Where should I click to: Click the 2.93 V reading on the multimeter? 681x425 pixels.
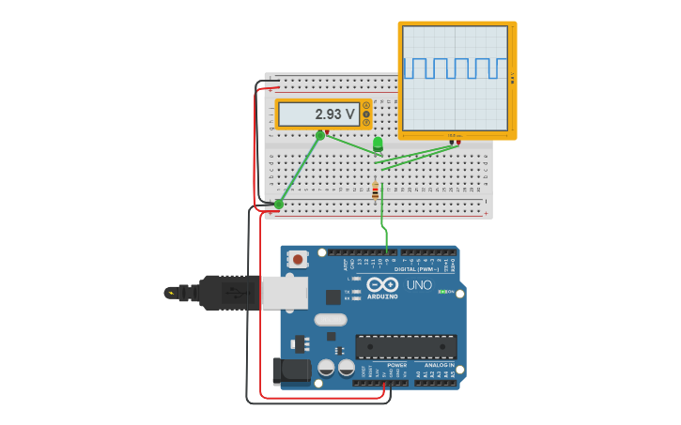(x=334, y=114)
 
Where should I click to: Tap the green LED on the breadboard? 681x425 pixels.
(x=378, y=144)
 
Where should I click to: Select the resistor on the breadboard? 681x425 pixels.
(x=375, y=190)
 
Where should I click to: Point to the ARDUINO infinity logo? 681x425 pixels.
(x=382, y=284)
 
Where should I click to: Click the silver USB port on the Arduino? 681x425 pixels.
(x=284, y=293)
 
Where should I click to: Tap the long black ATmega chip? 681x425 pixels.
(x=406, y=346)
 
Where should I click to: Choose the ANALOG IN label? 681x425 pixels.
(x=439, y=365)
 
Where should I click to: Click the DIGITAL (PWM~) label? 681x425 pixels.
(x=416, y=269)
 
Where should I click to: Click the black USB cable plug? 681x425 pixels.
(x=225, y=293)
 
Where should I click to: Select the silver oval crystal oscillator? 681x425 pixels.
(x=331, y=319)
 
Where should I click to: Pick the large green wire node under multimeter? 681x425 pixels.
(x=320, y=136)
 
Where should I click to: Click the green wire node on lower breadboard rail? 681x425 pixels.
(x=279, y=204)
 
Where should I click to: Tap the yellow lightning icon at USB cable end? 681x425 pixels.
(x=170, y=293)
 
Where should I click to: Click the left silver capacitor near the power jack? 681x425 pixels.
(x=327, y=367)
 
